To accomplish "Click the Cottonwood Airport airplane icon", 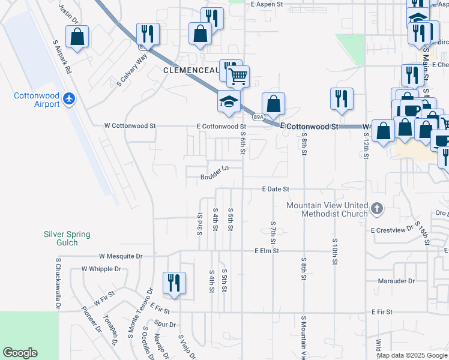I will coord(70,98).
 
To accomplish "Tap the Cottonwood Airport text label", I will coord(37,100).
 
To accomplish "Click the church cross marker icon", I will coord(376,209).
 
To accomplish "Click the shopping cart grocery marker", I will coord(238,76).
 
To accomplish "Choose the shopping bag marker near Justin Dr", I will coord(77,37).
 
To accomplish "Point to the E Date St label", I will coord(276,189).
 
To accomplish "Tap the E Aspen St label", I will coord(267,4).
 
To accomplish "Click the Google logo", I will coord(20,353).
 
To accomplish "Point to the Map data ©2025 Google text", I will coord(412,355).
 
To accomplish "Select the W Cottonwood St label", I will coord(130,126).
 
